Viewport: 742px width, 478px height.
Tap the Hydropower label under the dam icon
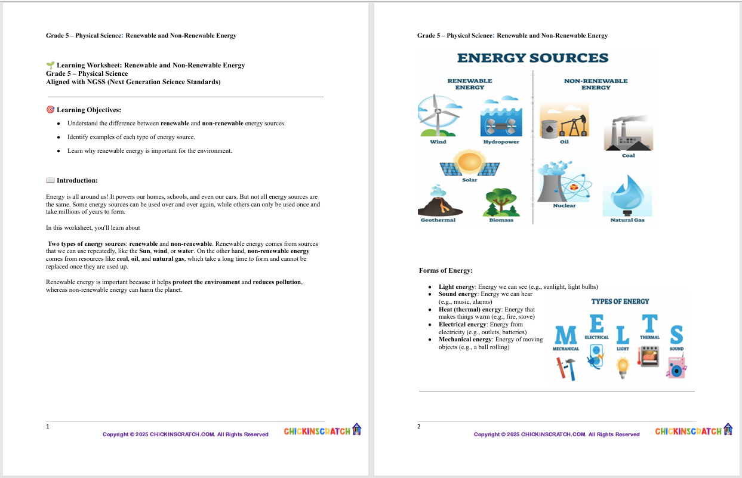pos(501,142)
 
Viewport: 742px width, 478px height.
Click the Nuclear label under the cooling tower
pos(564,206)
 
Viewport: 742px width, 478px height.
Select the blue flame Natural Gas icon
pos(627,195)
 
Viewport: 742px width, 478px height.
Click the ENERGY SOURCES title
pos(532,58)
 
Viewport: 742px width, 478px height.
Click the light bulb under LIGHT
pos(623,366)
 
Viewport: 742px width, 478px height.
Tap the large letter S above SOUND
pos(676,334)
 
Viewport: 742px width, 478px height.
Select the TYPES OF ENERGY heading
pos(620,301)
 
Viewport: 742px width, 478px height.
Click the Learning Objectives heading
pos(88,110)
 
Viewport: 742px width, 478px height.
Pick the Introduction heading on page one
pos(77,180)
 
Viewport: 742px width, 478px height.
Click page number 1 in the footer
pos(48,427)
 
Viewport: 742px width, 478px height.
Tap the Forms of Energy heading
pos(446,270)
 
